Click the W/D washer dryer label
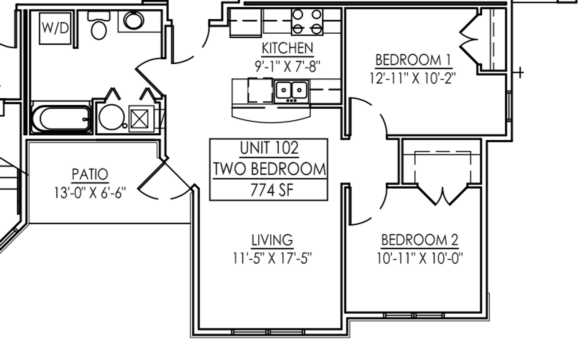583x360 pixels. (55, 28)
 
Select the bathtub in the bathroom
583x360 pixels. (61, 119)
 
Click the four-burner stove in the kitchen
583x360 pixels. (307, 22)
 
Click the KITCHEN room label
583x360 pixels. (288, 48)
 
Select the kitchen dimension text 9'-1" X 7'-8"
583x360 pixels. (288, 66)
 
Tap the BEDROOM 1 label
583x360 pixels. (413, 60)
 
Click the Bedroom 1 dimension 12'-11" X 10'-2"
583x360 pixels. (412, 78)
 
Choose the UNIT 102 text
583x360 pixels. (269, 148)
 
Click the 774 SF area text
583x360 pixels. (272, 190)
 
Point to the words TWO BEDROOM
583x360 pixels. (270, 169)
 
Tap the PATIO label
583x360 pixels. (90, 174)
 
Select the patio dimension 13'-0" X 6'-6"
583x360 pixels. (90, 193)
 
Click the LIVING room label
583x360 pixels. (272, 240)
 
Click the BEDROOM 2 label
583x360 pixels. (420, 240)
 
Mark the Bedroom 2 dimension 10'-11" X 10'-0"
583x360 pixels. (420, 258)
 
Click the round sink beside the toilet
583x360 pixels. (134, 20)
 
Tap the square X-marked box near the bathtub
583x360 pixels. (140, 119)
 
